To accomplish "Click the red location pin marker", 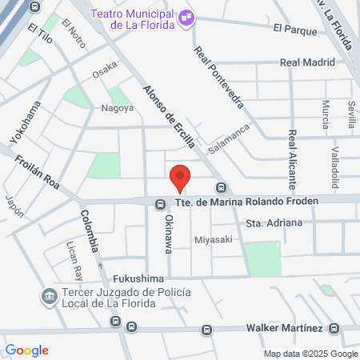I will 180,177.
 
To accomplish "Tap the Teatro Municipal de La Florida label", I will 134,18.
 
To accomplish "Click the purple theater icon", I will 186,16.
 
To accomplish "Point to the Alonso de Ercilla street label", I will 170,115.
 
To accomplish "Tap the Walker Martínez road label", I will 284,328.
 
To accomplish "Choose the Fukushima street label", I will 138,278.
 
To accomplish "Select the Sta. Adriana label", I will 274,222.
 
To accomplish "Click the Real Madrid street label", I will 306,62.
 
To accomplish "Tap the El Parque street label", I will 296,29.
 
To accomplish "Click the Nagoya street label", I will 117,108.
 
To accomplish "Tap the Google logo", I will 26,350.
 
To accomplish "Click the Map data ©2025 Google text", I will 311,354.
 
